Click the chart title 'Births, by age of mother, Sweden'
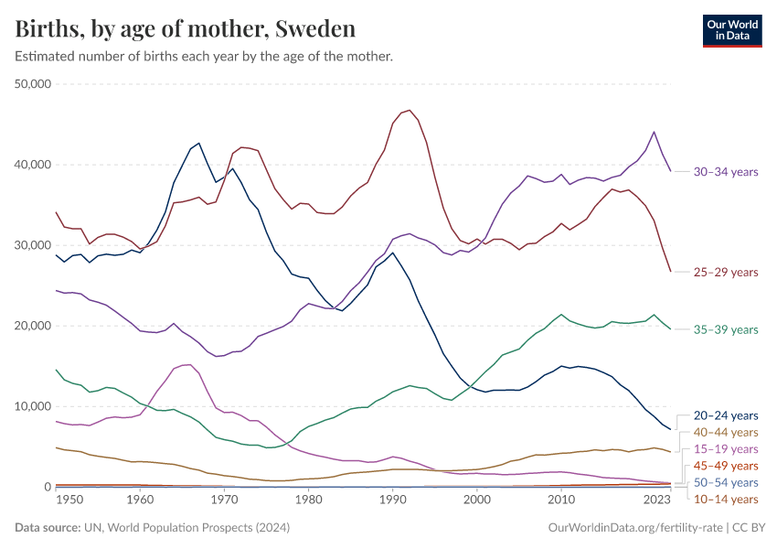point(186,29)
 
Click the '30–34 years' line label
point(725,171)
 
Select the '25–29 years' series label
point(725,272)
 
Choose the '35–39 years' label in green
point(725,329)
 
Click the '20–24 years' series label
point(725,415)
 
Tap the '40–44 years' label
point(725,432)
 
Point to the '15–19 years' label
point(725,449)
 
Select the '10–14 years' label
point(725,499)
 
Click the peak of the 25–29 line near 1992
point(410,111)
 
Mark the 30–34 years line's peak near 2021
point(654,132)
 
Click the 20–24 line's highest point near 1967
point(198,143)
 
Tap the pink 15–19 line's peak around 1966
point(186,364)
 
